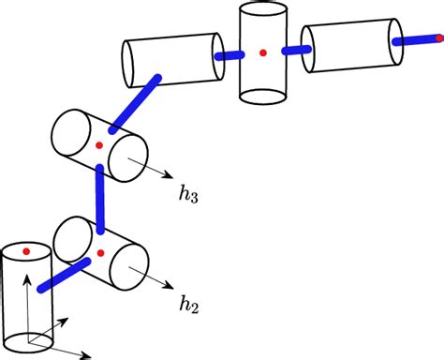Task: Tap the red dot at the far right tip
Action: [x=439, y=39]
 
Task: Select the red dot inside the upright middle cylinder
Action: [x=263, y=52]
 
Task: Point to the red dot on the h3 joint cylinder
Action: [x=98, y=143]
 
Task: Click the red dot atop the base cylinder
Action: [x=26, y=251]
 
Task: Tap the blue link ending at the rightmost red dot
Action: [x=417, y=41]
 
